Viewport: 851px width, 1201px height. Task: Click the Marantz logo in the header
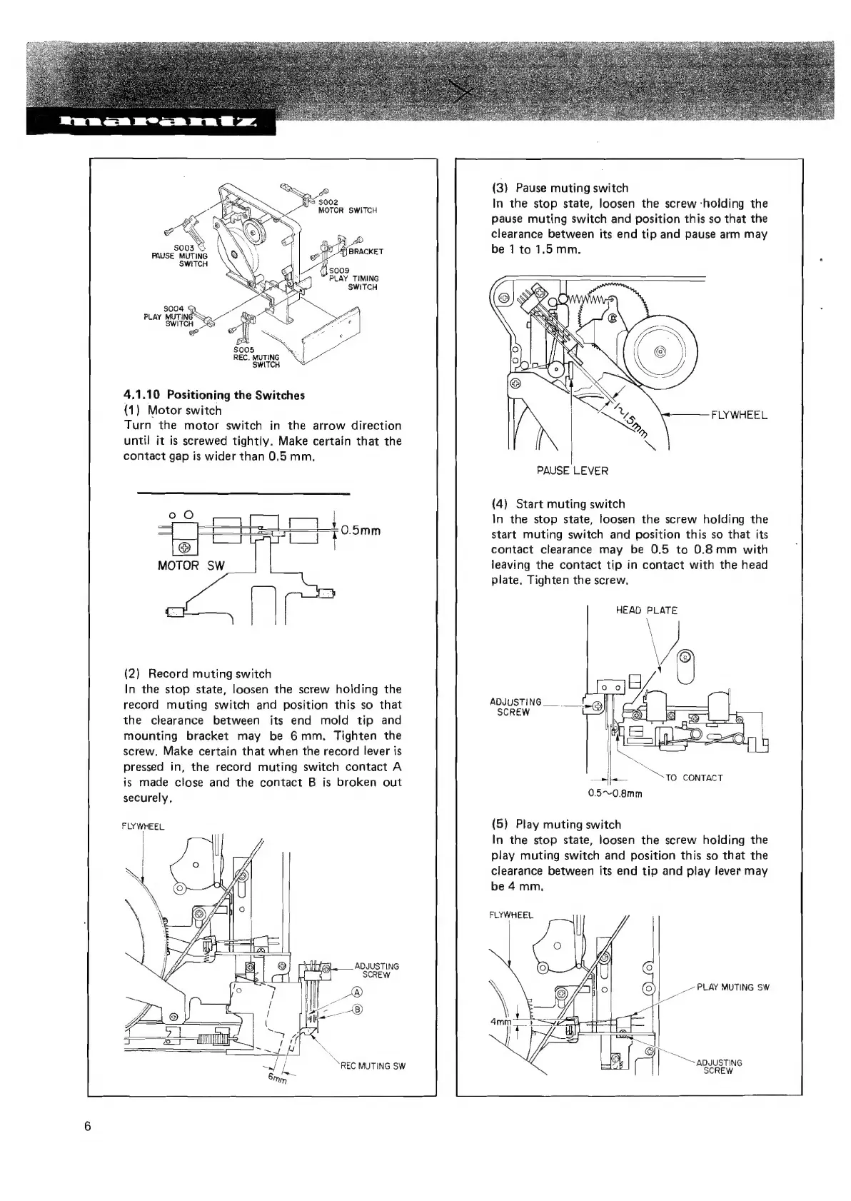150,121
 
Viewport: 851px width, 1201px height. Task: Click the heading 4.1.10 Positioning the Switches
214,395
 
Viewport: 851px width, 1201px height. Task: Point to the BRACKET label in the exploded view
366,251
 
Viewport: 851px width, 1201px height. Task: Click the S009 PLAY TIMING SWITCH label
353,278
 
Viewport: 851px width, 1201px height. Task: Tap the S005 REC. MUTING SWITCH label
257,357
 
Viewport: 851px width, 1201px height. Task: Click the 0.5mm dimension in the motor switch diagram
361,531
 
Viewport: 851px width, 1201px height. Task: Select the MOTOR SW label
191,566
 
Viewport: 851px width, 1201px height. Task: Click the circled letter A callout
358,992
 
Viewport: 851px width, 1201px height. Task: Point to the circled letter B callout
358,1009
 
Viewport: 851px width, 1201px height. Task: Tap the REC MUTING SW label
372,1066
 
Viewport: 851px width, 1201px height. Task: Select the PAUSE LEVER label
572,471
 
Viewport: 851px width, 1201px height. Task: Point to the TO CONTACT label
693,778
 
